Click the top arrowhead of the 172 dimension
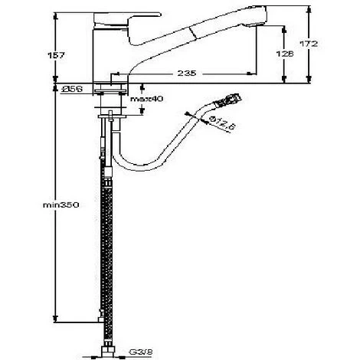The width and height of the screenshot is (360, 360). point(310,11)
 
